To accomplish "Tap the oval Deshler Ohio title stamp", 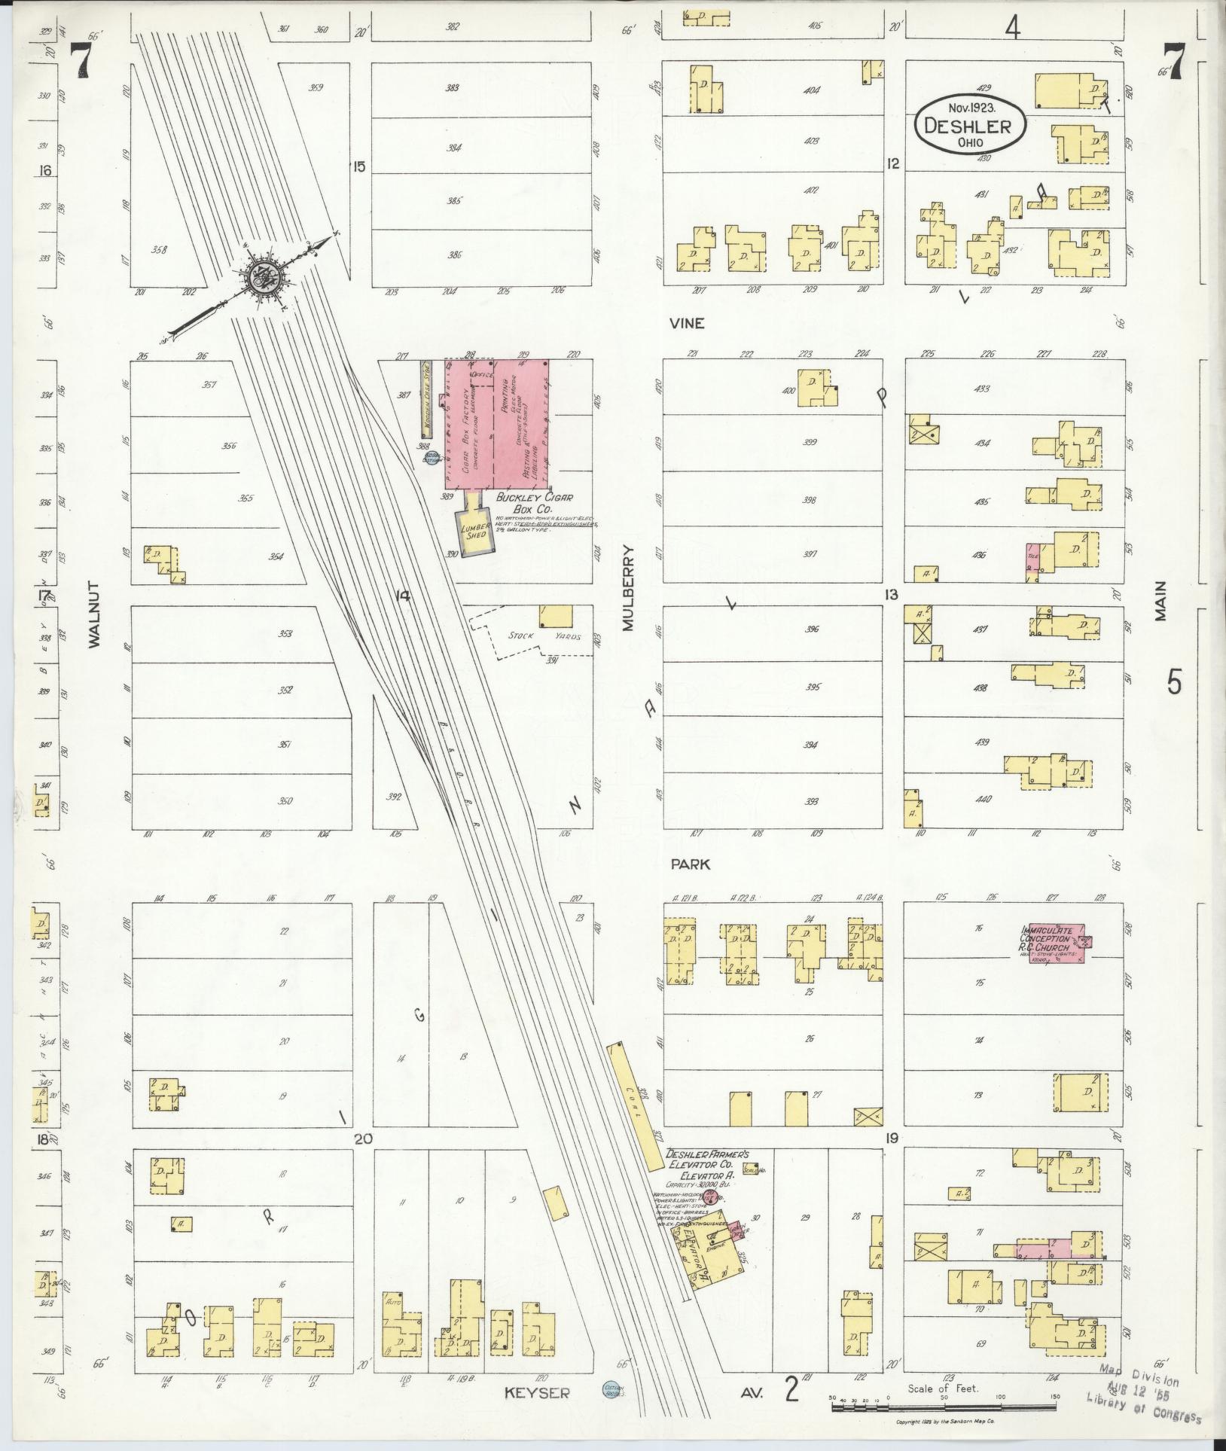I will click(x=971, y=127).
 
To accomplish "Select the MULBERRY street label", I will click(x=628, y=587).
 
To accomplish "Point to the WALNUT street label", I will click(x=93, y=614).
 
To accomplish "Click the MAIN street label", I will click(x=1160, y=600).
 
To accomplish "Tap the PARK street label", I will click(x=691, y=864).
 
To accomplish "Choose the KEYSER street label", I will click(x=537, y=1394).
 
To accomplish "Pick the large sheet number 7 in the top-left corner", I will click(x=81, y=60).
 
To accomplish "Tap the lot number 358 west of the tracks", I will click(x=158, y=249).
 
